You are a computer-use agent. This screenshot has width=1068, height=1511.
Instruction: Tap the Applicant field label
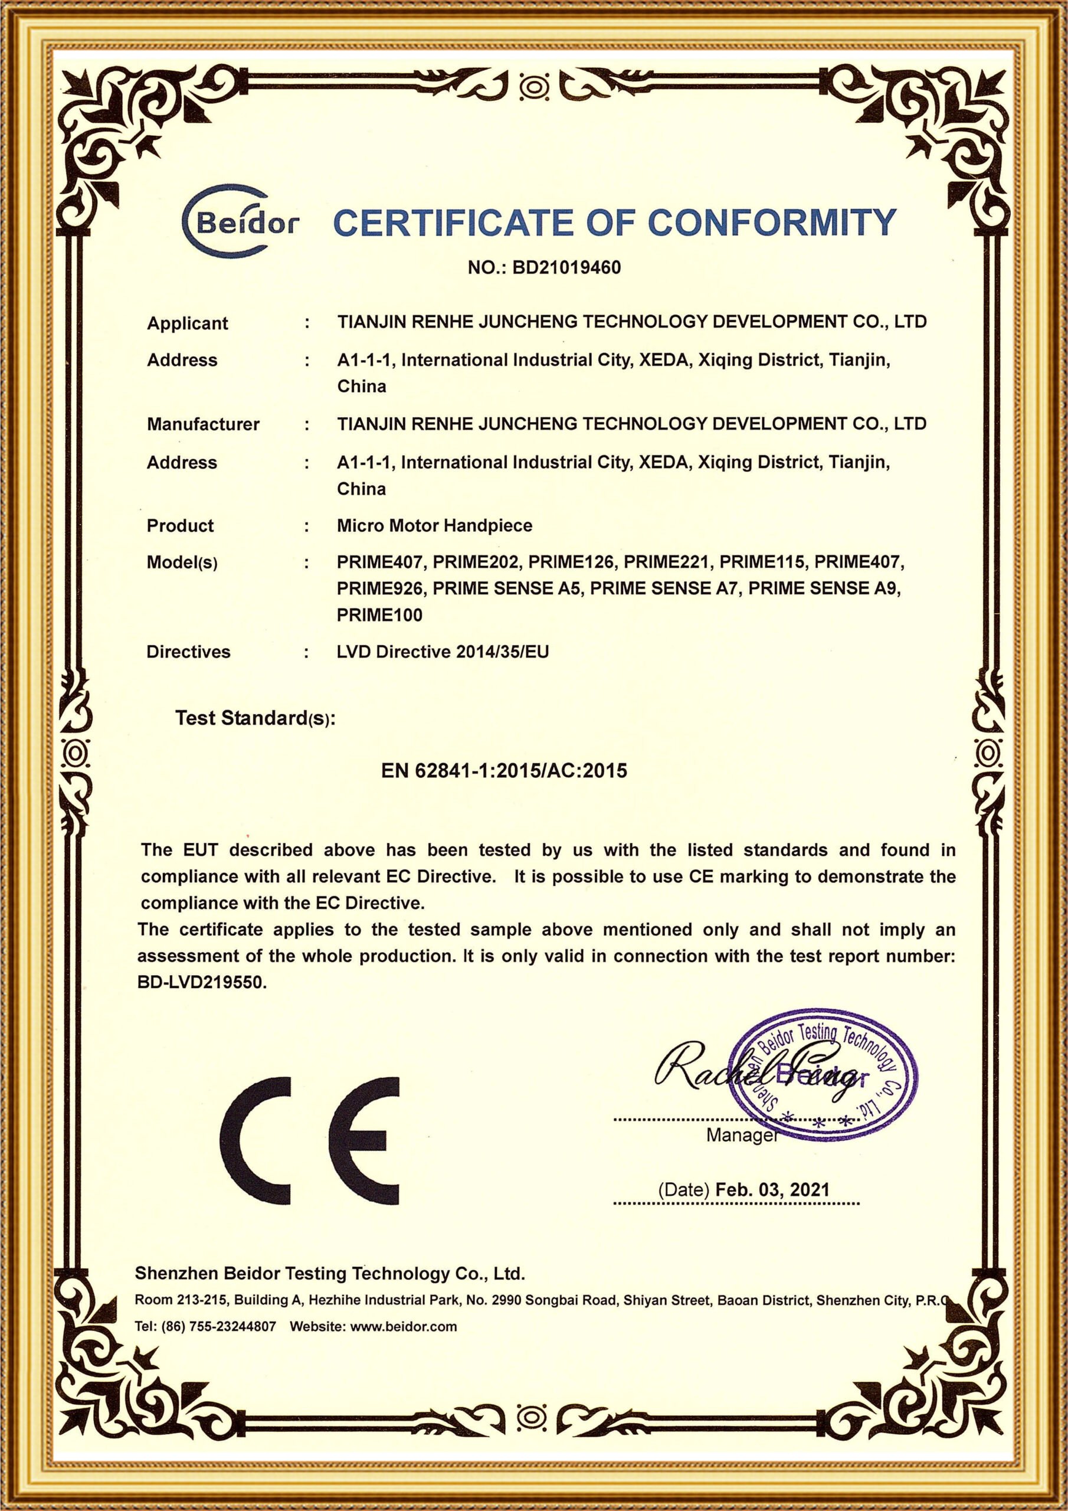(187, 323)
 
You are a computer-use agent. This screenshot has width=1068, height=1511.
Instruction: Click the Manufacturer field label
(202, 424)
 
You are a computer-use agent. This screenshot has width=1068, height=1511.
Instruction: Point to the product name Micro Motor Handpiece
(434, 526)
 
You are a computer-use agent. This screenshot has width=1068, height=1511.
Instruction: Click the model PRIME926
(379, 588)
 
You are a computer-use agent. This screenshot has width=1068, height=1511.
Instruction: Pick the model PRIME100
(379, 616)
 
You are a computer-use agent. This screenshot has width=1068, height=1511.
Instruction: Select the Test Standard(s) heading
(255, 719)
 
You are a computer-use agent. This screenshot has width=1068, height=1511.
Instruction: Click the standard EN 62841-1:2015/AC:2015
(504, 771)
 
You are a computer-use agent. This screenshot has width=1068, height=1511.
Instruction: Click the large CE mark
(309, 1140)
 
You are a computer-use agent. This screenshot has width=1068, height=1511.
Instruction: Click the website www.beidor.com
(404, 1327)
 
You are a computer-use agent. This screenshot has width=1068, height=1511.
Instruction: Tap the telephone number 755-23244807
(232, 1327)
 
